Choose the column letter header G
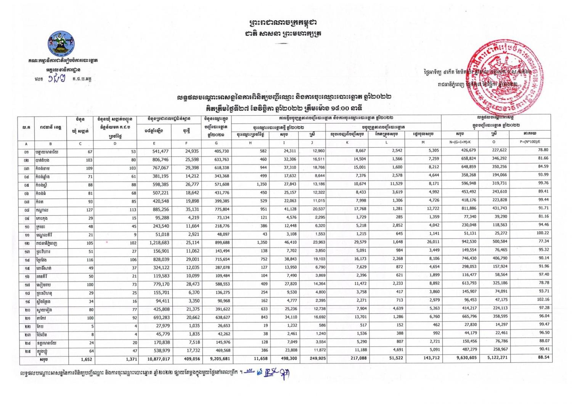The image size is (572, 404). (216, 143)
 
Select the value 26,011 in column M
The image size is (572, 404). (431, 243)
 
